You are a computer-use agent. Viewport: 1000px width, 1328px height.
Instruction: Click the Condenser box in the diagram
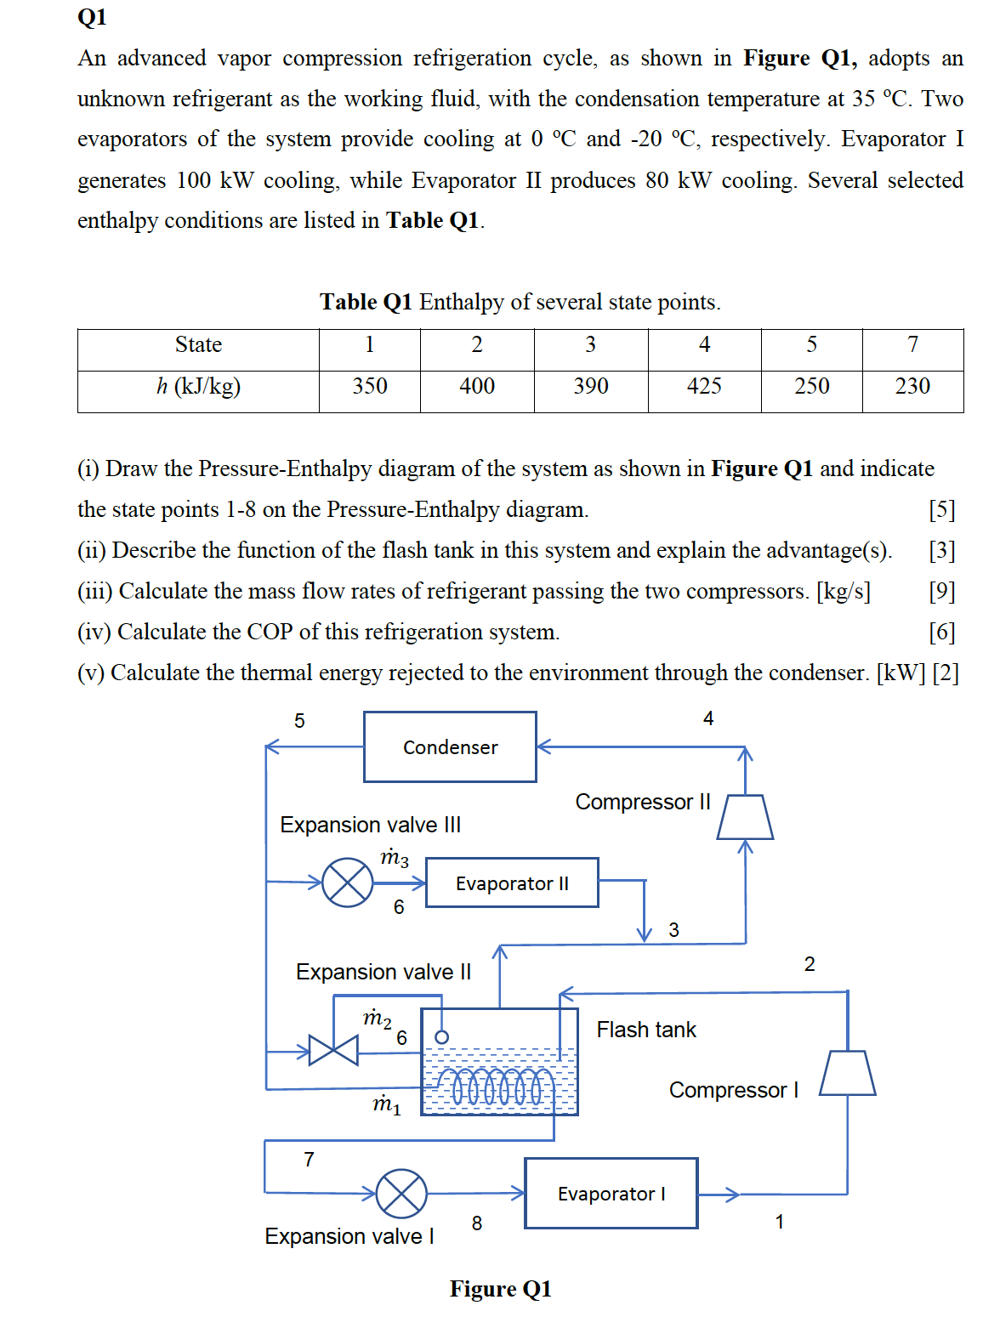[x=450, y=746]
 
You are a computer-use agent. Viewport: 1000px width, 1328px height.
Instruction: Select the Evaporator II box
[x=512, y=882]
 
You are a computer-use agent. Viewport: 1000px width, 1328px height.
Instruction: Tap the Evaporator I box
[x=611, y=1193]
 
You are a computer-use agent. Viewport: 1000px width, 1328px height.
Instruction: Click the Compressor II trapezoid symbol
[x=745, y=817]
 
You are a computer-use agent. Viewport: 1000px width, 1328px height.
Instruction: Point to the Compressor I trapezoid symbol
[x=847, y=1073]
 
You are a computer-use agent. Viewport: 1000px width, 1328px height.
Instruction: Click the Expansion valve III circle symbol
[x=348, y=882]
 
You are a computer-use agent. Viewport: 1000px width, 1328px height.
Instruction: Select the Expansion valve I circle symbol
[x=401, y=1194]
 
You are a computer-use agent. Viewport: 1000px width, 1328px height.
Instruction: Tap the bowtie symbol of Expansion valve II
[x=333, y=1050]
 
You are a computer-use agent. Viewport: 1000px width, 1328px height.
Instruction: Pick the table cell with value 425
[x=704, y=386]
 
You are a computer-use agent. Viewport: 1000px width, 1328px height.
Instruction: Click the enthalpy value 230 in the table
[x=912, y=386]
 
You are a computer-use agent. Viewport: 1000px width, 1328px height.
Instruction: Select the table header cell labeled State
[x=198, y=344]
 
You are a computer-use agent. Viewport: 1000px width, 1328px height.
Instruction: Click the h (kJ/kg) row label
[x=198, y=386]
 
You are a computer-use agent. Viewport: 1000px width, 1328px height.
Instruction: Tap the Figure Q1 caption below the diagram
[x=500, y=1289]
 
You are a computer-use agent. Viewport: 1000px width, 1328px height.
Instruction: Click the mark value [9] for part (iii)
[x=941, y=591]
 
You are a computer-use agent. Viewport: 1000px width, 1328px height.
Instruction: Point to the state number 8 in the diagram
[x=477, y=1223]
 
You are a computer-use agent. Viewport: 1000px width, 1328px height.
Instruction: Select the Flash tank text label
[x=645, y=1030]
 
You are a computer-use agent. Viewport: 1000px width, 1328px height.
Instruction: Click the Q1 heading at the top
[x=92, y=17]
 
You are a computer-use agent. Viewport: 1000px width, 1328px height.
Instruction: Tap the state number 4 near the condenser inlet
[x=708, y=718]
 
